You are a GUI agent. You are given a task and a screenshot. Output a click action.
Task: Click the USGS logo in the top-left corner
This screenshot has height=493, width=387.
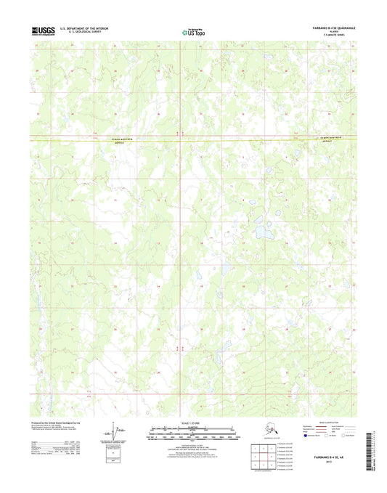pyautogui.click(x=44, y=30)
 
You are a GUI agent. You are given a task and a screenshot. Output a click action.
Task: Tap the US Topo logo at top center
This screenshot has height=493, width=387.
pyautogui.click(x=193, y=31)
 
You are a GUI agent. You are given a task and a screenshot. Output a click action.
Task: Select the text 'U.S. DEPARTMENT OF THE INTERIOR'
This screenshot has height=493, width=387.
pyautogui.click(x=91, y=28)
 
